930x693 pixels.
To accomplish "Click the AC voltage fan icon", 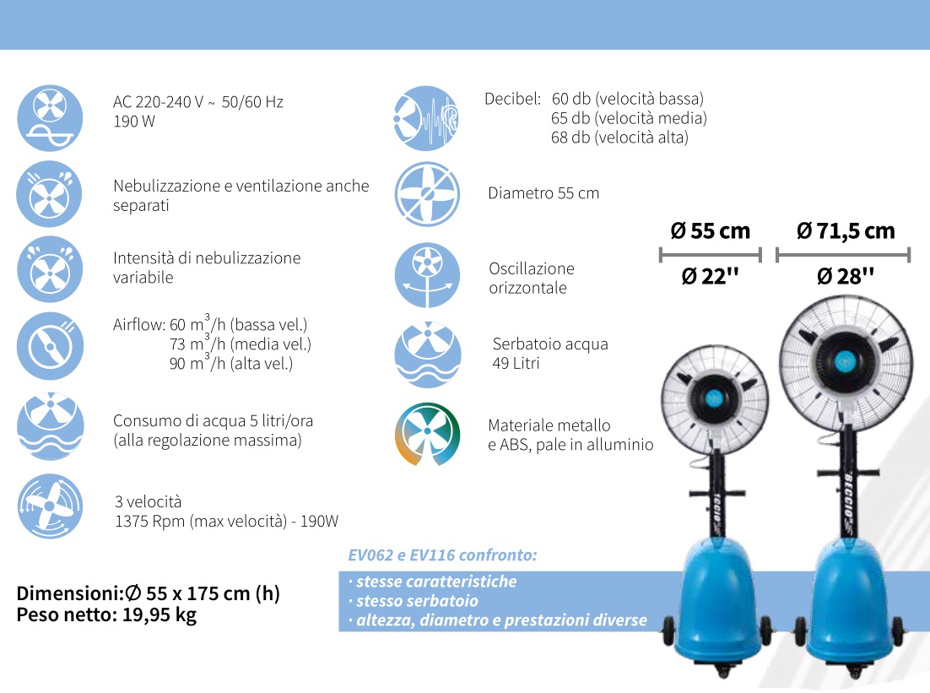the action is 50,117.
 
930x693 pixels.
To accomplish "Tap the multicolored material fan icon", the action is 427,435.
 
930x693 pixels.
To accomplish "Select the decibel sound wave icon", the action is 426,118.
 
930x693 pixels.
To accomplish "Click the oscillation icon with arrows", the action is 427,274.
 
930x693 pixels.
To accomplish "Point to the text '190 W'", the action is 134,122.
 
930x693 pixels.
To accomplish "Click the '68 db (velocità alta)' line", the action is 619,138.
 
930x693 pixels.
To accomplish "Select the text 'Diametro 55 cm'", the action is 543,193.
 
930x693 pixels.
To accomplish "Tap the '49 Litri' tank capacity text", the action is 516,363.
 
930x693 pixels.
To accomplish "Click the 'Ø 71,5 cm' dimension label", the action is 845,230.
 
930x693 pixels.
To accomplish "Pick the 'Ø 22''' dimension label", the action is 710,276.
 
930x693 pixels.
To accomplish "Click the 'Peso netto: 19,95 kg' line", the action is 107,614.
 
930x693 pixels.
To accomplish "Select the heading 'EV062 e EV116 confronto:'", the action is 442,555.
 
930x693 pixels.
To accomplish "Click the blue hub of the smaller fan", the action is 714,398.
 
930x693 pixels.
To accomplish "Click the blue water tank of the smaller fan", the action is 718,599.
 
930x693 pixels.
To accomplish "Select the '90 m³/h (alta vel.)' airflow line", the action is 231,362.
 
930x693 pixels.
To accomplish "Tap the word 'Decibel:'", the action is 512,99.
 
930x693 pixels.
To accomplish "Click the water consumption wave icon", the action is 50,425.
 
